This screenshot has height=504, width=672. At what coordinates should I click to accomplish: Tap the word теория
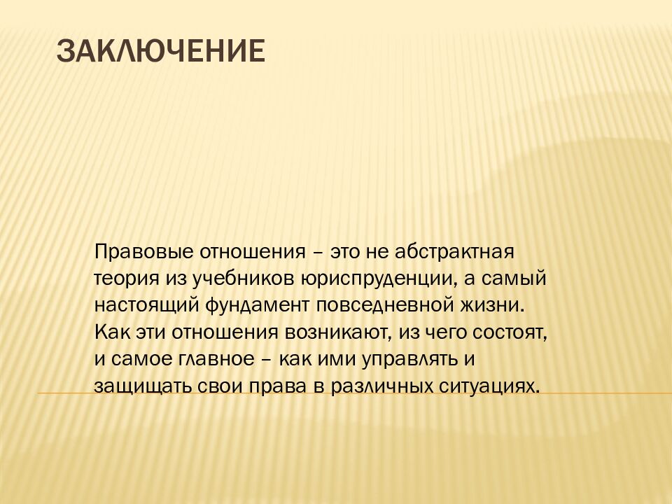click(120, 278)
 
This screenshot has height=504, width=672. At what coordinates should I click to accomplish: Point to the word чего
click(447, 332)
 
